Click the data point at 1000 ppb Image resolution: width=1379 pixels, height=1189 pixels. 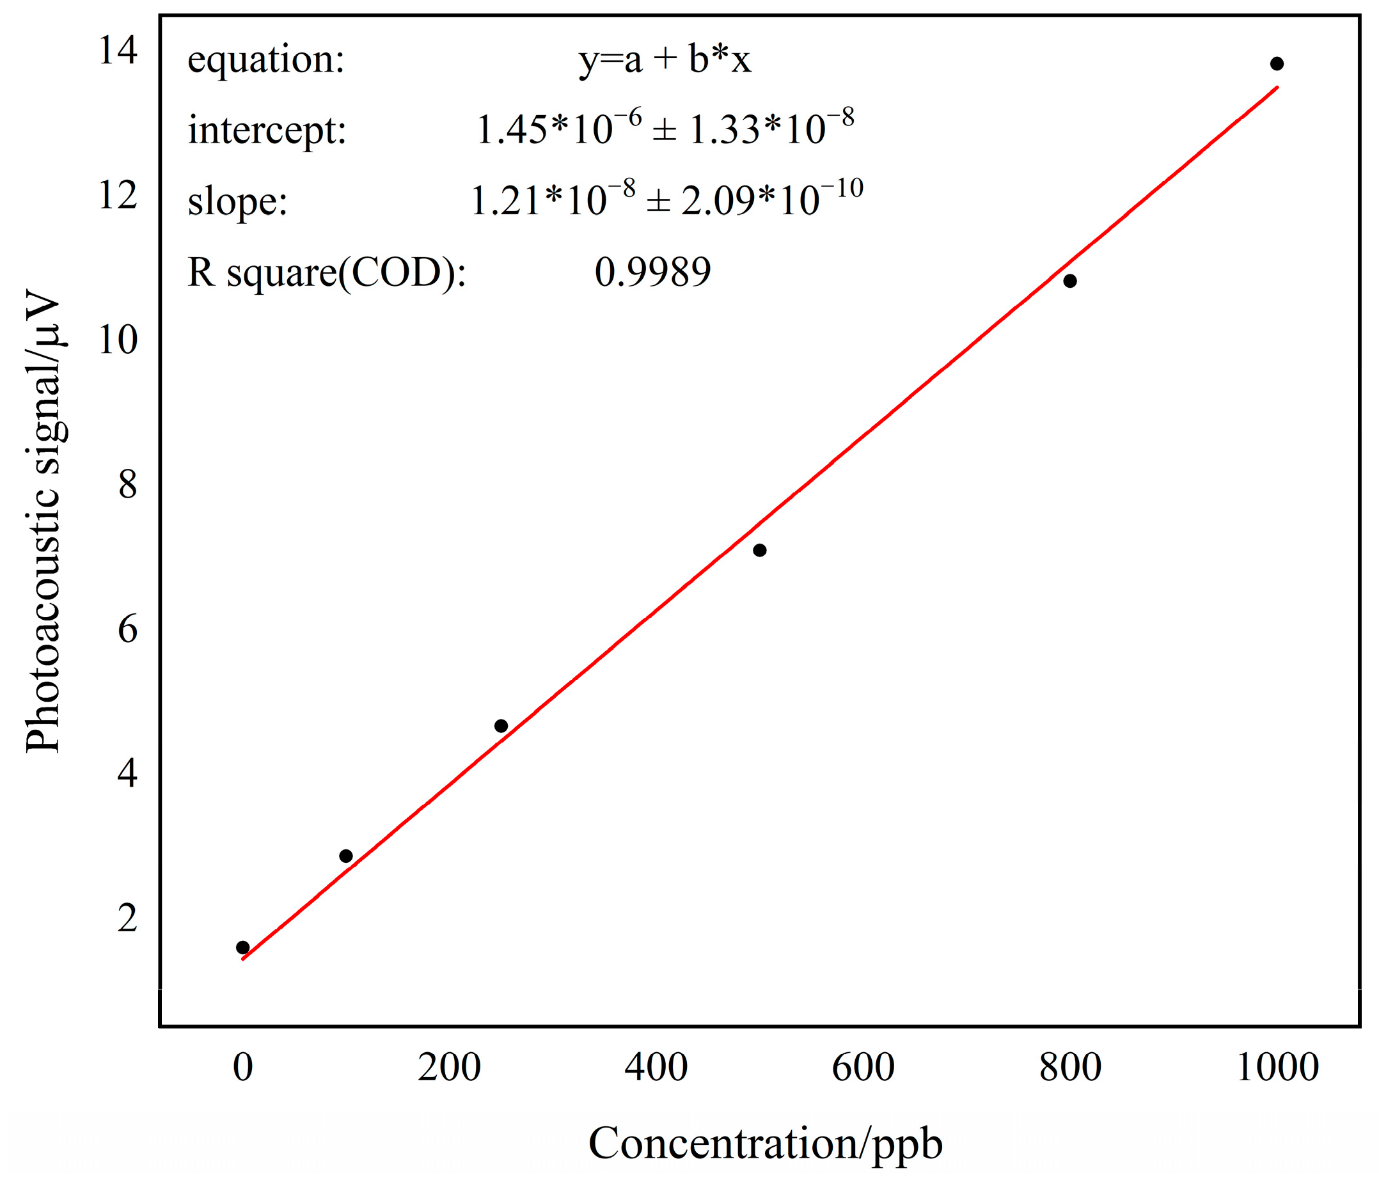point(1277,64)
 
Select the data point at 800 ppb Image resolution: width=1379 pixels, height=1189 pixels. point(1069,281)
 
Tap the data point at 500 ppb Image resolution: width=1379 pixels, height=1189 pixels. point(759,550)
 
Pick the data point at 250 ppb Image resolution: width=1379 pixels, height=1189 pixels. point(501,726)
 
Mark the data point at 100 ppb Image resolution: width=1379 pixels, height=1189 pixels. point(346,856)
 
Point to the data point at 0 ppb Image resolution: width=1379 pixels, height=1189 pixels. point(243,947)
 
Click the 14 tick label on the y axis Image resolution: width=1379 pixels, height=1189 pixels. point(118,51)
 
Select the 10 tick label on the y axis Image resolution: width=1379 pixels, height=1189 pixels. point(118,340)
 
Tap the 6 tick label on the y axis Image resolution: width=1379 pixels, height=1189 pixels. point(128,629)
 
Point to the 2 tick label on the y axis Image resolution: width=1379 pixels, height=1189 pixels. point(128,918)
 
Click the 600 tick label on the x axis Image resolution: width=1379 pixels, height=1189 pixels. point(863,1067)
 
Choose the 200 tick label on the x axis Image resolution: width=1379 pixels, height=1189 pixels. point(449,1067)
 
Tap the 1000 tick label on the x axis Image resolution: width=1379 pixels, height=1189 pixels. point(1277,1067)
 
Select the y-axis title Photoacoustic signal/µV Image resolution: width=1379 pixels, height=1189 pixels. point(43,523)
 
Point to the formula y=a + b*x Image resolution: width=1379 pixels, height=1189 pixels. point(665,60)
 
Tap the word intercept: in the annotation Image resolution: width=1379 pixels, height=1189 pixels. point(267,130)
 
